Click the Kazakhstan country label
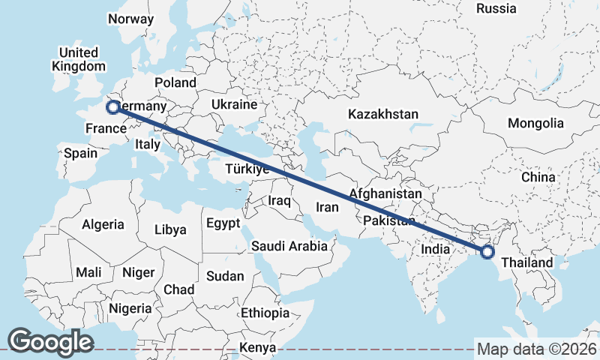[382, 114]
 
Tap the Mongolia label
[535, 123]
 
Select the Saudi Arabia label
[289, 245]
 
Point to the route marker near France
[113, 107]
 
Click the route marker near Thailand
[487, 252]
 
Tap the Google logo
[50, 342]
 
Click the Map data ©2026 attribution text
[537, 349]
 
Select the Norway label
[131, 19]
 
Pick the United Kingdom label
[79, 59]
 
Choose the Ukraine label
[234, 104]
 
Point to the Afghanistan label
[385, 193]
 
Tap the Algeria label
[103, 224]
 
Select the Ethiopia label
[265, 313]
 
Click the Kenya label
[257, 348]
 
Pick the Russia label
[496, 8]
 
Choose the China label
[538, 177]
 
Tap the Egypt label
[223, 223]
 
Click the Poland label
[175, 82]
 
